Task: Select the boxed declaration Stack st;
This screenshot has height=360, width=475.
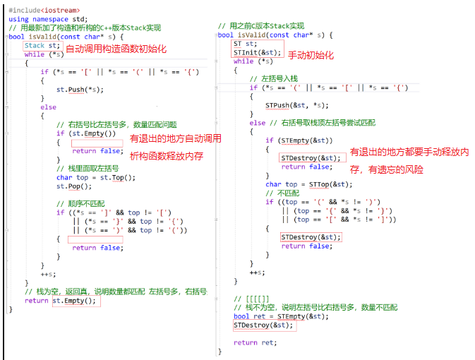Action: pos(43,46)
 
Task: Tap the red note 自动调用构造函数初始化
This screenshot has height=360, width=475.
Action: pos(116,48)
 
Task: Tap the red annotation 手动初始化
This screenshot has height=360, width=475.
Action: pos(311,55)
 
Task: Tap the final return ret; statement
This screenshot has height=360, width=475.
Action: pos(255,342)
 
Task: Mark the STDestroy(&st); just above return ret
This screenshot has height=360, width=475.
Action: pos(263,325)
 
